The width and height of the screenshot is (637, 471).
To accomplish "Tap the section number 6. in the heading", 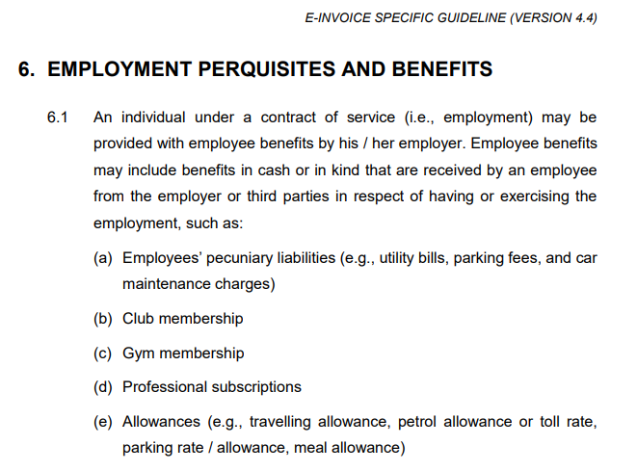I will point(28,69).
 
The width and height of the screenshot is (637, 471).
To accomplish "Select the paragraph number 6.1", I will point(58,118).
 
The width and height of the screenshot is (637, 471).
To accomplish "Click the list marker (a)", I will point(103,258).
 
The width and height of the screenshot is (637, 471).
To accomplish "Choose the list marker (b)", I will point(103,318).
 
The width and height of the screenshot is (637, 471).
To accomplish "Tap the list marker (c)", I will point(103,353).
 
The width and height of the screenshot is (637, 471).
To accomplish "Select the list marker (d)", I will point(103,387).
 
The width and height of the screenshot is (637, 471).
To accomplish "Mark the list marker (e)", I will point(103,422).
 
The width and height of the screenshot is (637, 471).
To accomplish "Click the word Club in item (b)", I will point(138,318).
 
